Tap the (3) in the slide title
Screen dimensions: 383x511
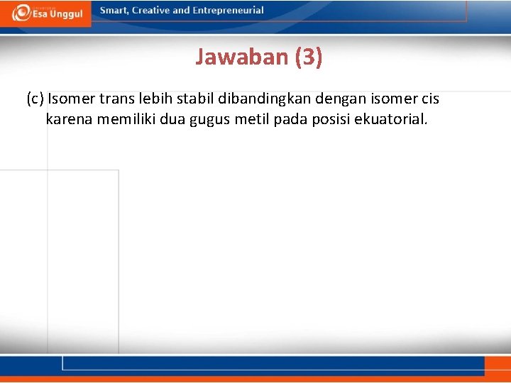coord(308,57)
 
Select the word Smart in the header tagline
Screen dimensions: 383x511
coord(114,11)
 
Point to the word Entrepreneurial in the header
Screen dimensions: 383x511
coord(228,11)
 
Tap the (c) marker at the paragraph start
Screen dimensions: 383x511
coord(35,99)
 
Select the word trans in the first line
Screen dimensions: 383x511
coord(116,99)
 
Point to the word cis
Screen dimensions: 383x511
coord(430,99)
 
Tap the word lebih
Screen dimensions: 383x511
coord(155,99)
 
